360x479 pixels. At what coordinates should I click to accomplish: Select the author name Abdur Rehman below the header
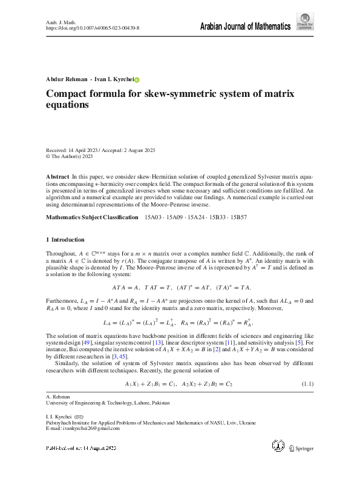tap(66, 79)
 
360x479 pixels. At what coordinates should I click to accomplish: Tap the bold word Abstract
tap(57, 176)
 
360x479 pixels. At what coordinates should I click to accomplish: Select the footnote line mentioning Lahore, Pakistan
tap(108, 403)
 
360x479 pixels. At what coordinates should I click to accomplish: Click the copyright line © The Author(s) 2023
tap(70, 156)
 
